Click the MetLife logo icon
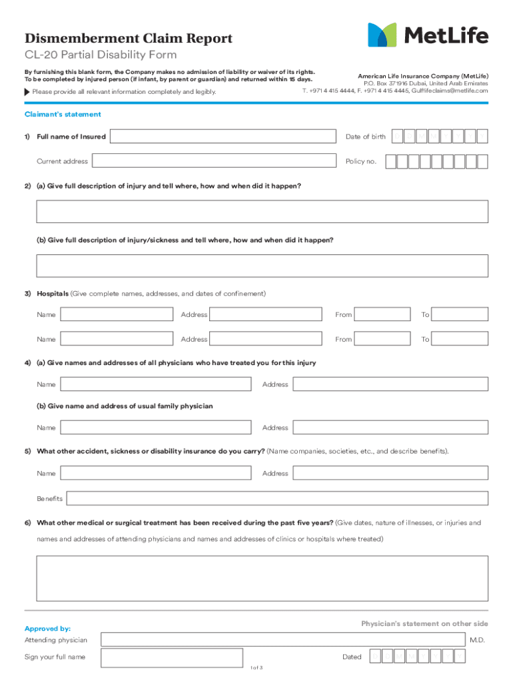pos(382,35)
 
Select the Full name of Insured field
pos(223,137)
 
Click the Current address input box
pos(213,161)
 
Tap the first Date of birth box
pos(398,137)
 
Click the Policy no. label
pos(361,161)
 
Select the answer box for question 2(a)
pos(262,211)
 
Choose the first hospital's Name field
pos(116,314)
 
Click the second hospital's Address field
pos(266,339)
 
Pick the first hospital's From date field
pos(382,314)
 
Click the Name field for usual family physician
pos(155,428)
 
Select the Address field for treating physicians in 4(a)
pos(390,384)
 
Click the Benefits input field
pos(277,498)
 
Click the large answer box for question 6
pos(262,578)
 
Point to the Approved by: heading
pos(47,629)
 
